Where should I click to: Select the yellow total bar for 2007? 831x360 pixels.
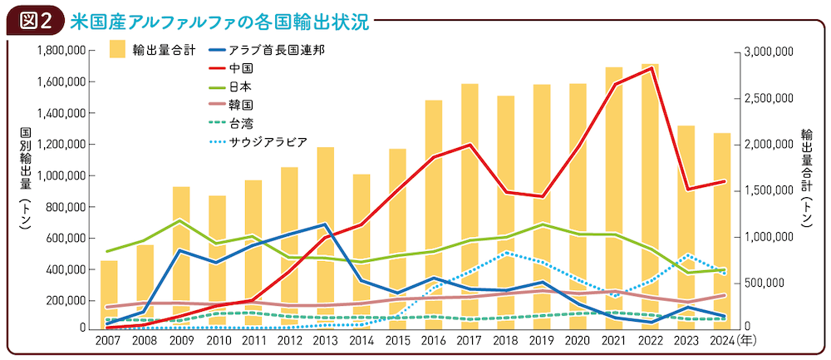point(109,294)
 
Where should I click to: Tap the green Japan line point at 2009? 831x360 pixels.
point(180,220)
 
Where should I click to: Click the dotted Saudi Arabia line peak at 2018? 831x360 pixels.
point(506,252)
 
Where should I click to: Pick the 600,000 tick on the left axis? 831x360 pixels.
point(67,238)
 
